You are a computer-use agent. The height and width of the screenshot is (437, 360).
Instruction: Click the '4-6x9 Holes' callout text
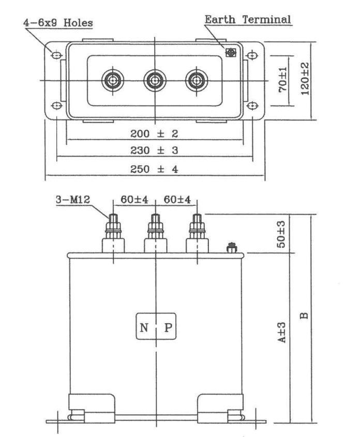pyautogui.click(x=58, y=23)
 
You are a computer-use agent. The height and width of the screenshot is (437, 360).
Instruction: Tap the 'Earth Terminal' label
pyautogui.click(x=248, y=20)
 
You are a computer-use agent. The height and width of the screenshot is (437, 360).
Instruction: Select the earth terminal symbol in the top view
pyautogui.click(x=231, y=52)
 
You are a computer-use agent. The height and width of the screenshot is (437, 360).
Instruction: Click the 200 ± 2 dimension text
pyautogui.click(x=154, y=133)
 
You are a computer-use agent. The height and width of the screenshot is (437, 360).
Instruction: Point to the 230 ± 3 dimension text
pyautogui.click(x=154, y=150)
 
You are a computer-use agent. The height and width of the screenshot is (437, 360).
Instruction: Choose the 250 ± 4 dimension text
pyautogui.click(x=154, y=169)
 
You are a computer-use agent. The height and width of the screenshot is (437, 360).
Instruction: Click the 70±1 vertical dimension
pyautogui.click(x=282, y=80)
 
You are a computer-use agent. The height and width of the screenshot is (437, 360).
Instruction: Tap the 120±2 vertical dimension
pyautogui.click(x=305, y=79)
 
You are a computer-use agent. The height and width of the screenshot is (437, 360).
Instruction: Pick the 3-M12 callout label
pyautogui.click(x=73, y=200)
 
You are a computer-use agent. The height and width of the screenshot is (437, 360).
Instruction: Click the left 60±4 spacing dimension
pyautogui.click(x=134, y=200)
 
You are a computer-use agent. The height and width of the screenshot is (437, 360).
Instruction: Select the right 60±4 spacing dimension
pyautogui.click(x=177, y=200)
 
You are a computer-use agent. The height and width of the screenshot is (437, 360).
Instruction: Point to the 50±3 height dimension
pyautogui.click(x=281, y=234)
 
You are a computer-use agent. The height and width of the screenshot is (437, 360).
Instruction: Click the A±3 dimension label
pyautogui.click(x=281, y=333)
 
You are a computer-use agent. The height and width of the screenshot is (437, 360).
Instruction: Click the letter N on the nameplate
pyautogui.click(x=144, y=327)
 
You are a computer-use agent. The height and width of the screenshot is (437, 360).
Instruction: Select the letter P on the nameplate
pyautogui.click(x=168, y=327)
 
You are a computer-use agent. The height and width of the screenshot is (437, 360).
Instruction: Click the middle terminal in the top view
pyautogui.click(x=155, y=81)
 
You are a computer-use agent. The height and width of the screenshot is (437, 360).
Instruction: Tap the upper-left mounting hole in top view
pyautogui.click(x=57, y=55)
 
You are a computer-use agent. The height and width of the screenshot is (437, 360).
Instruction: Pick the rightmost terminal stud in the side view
pyautogui.click(x=197, y=233)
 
